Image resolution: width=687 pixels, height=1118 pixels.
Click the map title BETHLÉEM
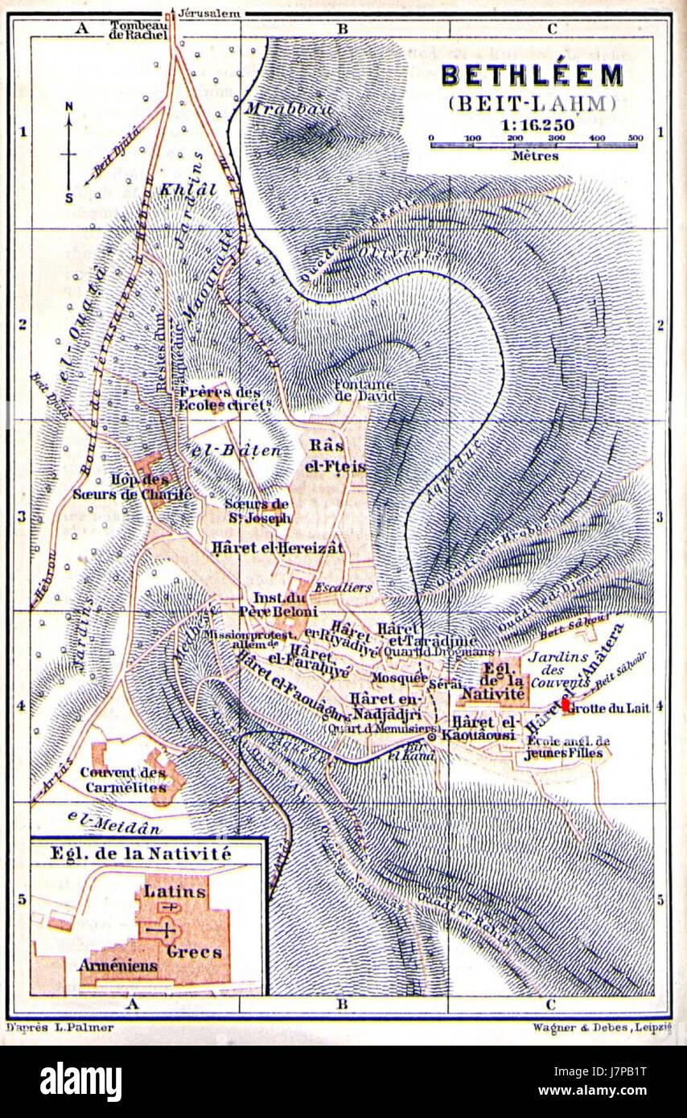(x=532, y=76)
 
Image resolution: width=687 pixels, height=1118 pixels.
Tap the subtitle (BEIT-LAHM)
(x=532, y=104)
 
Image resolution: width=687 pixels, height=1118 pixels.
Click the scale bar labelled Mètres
(x=535, y=146)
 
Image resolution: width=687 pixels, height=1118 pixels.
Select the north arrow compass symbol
(x=69, y=152)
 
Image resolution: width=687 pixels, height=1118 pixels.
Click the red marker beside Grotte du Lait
(x=566, y=705)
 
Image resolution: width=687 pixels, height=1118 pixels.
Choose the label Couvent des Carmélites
(x=124, y=779)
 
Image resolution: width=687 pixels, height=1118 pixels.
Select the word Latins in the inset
(x=175, y=891)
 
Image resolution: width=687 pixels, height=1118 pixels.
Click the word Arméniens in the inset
(x=117, y=964)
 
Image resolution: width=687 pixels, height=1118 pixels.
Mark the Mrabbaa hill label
(x=289, y=109)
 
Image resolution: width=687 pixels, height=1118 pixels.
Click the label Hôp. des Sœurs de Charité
(x=133, y=487)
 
